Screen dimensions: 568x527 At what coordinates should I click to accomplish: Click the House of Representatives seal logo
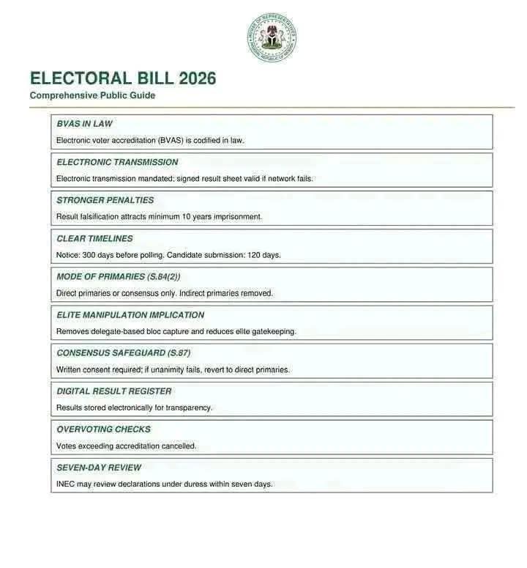(272, 37)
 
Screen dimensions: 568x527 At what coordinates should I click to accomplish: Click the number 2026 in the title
(191, 78)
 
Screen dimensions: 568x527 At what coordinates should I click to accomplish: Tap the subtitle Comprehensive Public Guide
(92, 95)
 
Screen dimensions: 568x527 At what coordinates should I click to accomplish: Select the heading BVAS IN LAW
(84, 124)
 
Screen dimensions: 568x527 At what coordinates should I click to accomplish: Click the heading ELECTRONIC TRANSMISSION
(117, 162)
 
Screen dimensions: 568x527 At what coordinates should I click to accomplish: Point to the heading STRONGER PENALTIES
(105, 200)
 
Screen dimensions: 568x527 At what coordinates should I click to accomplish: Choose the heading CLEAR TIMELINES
(94, 238)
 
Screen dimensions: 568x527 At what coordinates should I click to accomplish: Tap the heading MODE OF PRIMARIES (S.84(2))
(118, 276)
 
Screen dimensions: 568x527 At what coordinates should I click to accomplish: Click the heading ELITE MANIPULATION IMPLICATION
(130, 315)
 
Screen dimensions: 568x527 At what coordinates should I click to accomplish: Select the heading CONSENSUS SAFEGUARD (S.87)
(123, 353)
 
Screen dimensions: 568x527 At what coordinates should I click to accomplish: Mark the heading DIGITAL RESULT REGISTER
(113, 391)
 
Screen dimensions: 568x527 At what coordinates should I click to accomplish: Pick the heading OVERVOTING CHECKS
(103, 429)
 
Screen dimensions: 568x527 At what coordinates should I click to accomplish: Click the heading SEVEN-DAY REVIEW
(99, 468)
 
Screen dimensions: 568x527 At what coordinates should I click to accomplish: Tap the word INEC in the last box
(66, 484)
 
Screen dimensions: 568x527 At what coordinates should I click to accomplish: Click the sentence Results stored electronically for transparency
(134, 407)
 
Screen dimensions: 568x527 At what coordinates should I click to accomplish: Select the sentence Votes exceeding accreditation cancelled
(126, 446)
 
